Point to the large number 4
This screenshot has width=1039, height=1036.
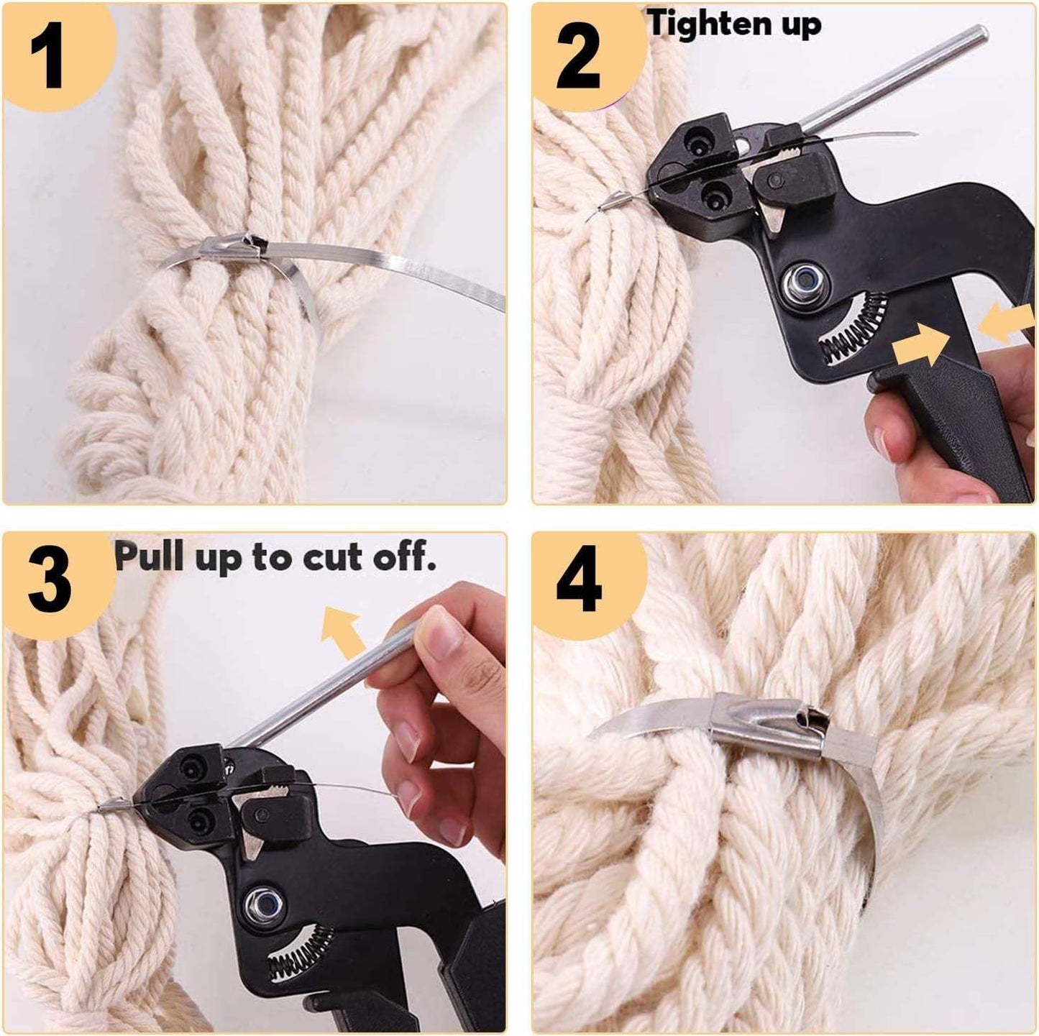coord(580,582)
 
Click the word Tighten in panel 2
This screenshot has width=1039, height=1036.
coord(707,25)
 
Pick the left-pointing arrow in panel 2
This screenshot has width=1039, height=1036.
coord(1007,324)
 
